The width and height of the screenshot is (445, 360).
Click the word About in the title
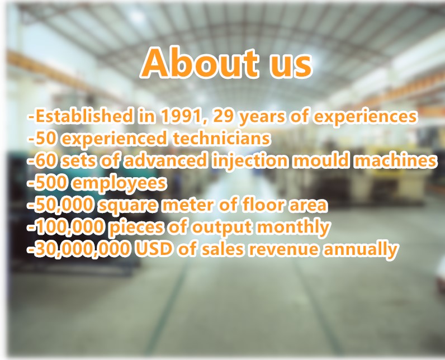pyautogui.click(x=201, y=63)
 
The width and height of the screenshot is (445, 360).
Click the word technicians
pyautogui.click(x=221, y=138)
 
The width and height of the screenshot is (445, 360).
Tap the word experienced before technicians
pyautogui.click(x=115, y=139)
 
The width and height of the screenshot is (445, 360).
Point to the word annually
pyautogui.click(x=361, y=249)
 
